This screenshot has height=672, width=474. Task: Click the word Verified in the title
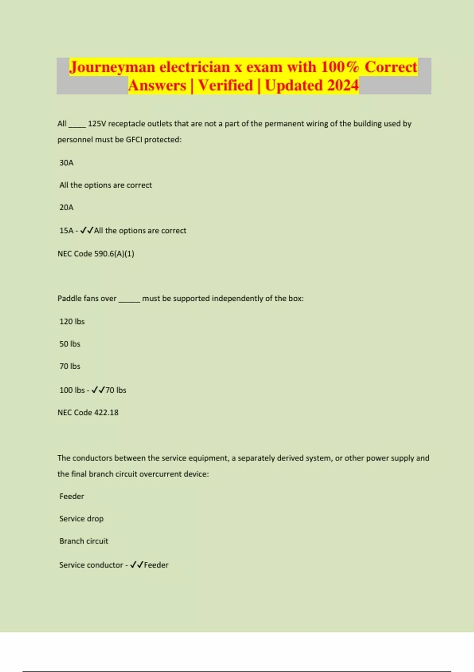point(226,85)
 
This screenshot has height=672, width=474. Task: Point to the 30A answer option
point(66,163)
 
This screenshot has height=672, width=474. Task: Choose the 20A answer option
point(66,208)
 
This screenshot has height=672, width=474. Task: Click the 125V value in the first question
point(97,124)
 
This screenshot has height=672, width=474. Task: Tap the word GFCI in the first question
point(134,140)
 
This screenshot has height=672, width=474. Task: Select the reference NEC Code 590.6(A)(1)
point(96,254)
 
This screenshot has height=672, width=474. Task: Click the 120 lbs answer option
point(72,322)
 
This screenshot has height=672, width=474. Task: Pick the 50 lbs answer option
point(70,344)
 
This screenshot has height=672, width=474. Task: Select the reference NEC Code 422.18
point(88,413)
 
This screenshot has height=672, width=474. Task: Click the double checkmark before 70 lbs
point(98,390)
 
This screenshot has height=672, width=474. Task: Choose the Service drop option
point(81,519)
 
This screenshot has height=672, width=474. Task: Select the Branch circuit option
point(84,541)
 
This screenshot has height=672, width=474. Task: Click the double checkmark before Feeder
point(137,565)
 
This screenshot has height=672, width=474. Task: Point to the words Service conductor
point(91,565)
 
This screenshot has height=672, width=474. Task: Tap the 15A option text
point(66,231)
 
